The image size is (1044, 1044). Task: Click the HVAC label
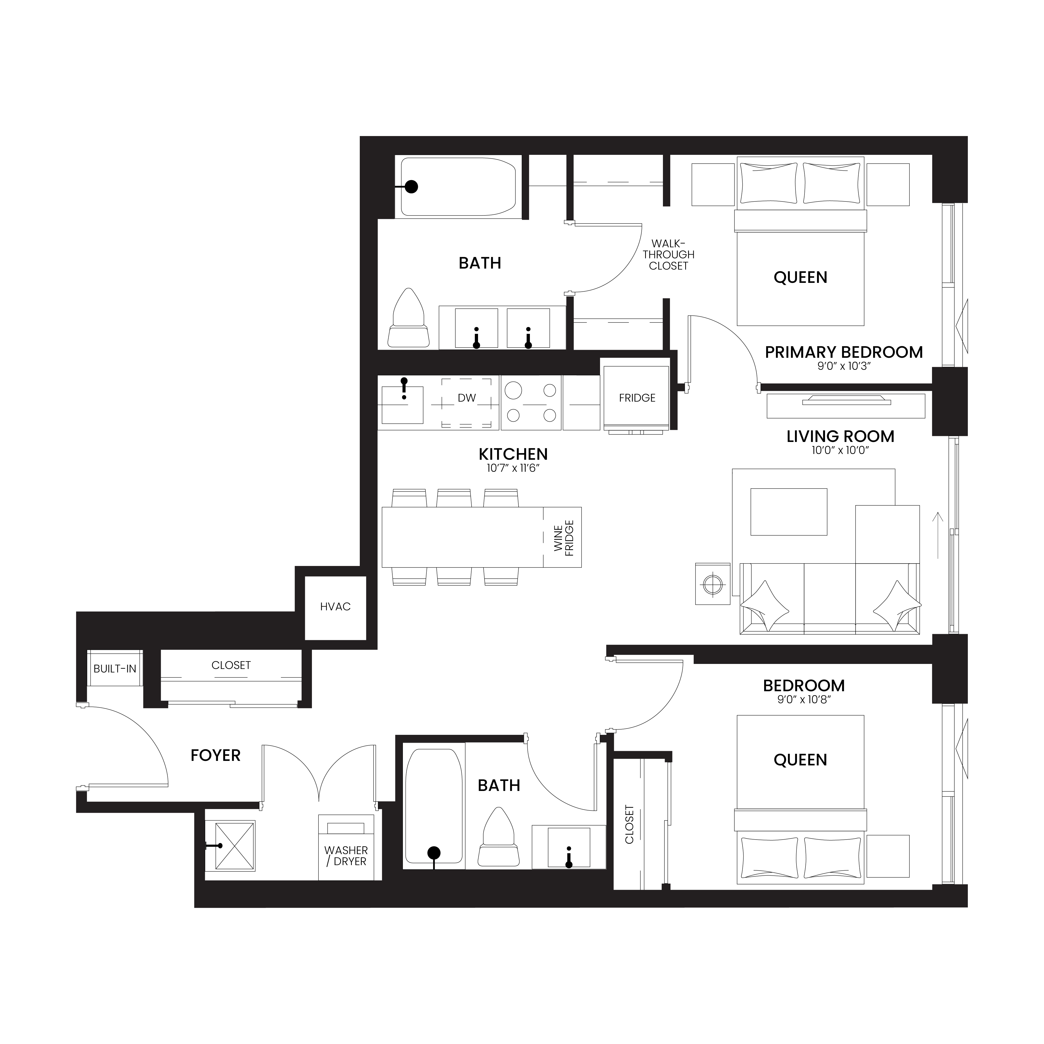(335, 607)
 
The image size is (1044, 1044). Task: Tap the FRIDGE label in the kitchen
(637, 398)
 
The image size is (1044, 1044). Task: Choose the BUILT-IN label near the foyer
(114, 668)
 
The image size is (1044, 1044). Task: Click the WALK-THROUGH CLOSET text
(668, 255)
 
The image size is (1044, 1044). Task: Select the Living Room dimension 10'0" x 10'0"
(840, 450)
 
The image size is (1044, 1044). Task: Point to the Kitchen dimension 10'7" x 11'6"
(513, 468)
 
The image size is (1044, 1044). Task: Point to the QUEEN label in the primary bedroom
(800, 278)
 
